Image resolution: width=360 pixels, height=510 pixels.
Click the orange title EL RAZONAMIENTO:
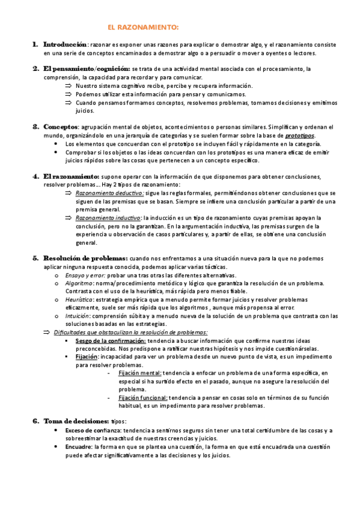tap(142, 27)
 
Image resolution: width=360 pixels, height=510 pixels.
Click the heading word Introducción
tap(65, 44)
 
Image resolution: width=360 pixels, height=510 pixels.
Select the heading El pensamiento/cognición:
tap(87, 69)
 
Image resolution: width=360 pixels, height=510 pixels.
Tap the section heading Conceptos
tap(61, 127)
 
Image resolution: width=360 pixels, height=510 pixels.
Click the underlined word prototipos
tap(299, 136)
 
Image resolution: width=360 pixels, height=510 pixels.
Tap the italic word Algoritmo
tap(78, 283)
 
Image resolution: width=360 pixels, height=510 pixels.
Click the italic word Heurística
tap(79, 299)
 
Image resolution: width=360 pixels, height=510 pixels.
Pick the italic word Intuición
tap(78, 316)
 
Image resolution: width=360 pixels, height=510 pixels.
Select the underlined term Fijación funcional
tap(143, 398)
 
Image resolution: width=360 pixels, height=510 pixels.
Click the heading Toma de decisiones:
tap(76, 421)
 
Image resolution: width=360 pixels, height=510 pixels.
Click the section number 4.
tap(35, 176)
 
